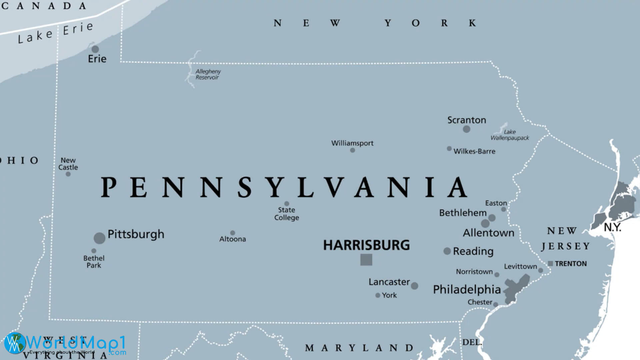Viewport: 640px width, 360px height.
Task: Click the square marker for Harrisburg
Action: (x=366, y=260)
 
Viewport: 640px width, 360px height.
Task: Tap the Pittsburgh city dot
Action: (x=99, y=238)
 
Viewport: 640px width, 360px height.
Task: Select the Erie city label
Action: (x=97, y=59)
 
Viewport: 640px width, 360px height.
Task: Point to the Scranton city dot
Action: (x=467, y=129)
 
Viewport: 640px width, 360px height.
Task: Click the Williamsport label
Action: (x=352, y=143)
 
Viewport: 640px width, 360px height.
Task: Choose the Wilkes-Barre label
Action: (x=474, y=151)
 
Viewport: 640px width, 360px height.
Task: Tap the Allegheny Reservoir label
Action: (x=208, y=74)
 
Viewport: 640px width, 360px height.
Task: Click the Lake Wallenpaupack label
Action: (x=510, y=135)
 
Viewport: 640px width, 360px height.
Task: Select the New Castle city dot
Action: (x=68, y=174)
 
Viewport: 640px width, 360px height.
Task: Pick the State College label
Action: (x=287, y=214)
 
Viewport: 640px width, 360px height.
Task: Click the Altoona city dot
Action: (x=233, y=233)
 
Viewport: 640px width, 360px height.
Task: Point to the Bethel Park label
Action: (x=94, y=262)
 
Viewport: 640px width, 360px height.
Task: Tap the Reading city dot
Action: (x=447, y=251)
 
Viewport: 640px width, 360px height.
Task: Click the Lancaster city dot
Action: (x=414, y=286)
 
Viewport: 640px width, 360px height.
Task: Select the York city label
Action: (x=389, y=295)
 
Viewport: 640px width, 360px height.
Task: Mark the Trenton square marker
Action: (x=550, y=263)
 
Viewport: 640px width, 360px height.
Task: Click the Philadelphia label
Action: (x=467, y=289)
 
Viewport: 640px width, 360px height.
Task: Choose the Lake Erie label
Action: (x=55, y=33)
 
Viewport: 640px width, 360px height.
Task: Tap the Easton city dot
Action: (x=503, y=209)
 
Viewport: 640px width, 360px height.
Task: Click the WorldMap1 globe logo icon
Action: (x=15, y=343)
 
